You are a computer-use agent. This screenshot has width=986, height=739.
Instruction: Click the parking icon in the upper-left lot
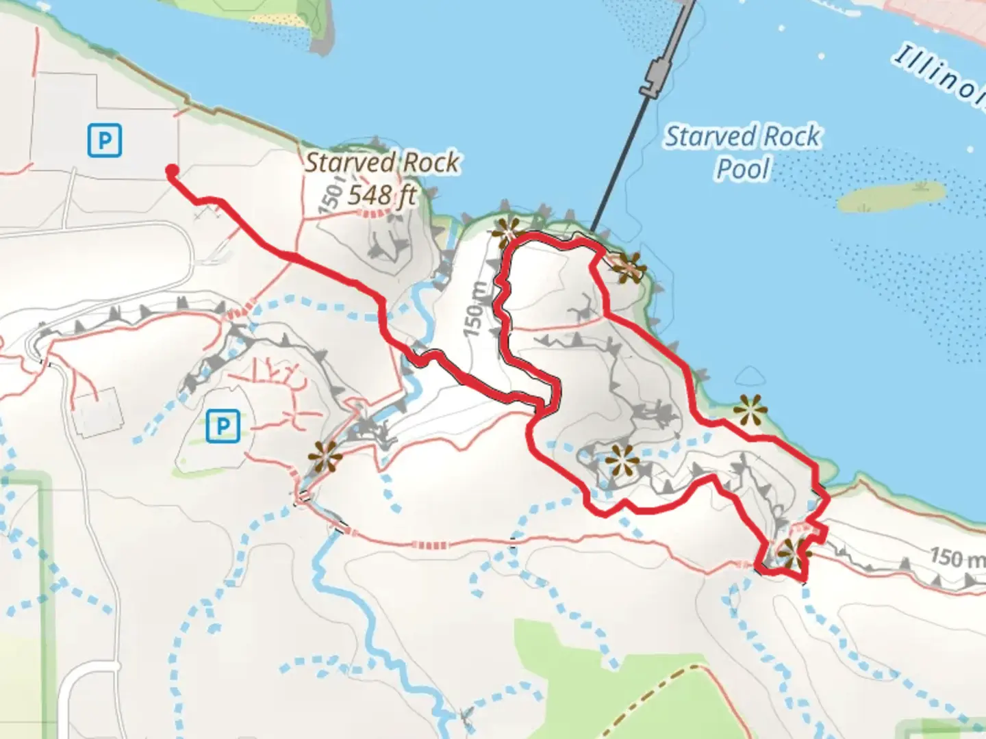(x=105, y=140)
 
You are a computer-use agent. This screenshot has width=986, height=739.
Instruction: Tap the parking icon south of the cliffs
(x=223, y=427)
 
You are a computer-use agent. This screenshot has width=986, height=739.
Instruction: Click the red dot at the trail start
(x=171, y=171)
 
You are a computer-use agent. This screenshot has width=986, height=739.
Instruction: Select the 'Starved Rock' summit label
(x=382, y=163)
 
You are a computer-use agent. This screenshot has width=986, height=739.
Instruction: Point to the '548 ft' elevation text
(x=381, y=196)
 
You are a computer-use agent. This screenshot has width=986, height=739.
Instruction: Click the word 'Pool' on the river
(x=743, y=168)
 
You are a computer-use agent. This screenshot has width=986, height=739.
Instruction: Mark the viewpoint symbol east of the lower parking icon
(x=324, y=456)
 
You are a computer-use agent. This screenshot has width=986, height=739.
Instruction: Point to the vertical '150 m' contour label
(x=477, y=309)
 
